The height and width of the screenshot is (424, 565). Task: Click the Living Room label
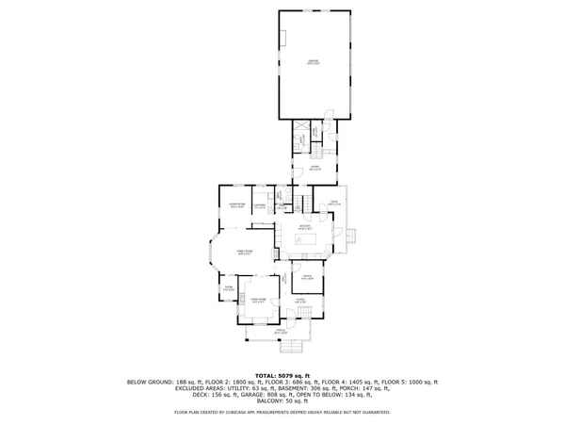[257, 300]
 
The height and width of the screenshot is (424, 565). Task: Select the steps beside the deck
[352, 236]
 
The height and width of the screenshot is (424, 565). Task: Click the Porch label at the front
[280, 331]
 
